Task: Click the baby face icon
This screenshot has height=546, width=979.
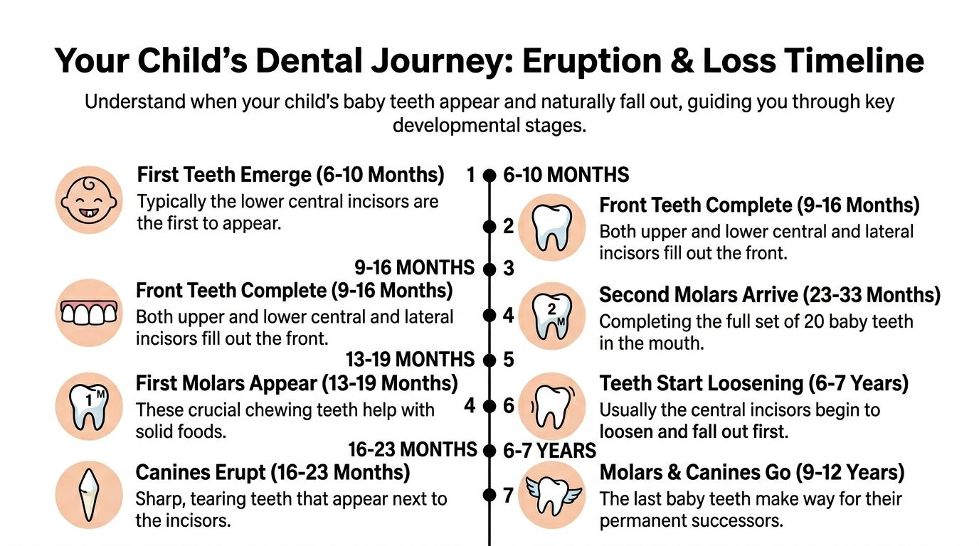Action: pos(88,200)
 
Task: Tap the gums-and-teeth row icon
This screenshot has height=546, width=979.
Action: pos(88,313)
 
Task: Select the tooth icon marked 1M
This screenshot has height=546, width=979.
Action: pos(88,405)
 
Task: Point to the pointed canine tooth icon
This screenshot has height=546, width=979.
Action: pos(88,495)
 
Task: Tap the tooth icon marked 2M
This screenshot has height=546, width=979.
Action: pos(552,316)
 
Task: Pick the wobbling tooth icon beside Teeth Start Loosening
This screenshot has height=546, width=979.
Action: pos(552,405)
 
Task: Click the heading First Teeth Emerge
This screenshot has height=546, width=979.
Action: pos(290,174)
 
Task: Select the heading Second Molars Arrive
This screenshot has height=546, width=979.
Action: pos(770,295)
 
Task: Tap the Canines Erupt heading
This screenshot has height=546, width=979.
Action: pos(272,472)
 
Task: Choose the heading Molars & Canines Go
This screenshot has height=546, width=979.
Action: pos(752,472)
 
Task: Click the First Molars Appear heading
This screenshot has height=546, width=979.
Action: pos(297,384)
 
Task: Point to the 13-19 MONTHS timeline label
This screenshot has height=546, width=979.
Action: pos(410,359)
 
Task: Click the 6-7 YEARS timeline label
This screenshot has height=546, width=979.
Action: pos(549,451)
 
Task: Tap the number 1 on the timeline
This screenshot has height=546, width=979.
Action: pos(470,175)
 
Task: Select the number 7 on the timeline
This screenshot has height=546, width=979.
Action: pos(508,495)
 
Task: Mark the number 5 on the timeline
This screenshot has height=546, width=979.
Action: pos(508,360)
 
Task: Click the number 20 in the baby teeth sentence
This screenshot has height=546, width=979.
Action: pos(813,321)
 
